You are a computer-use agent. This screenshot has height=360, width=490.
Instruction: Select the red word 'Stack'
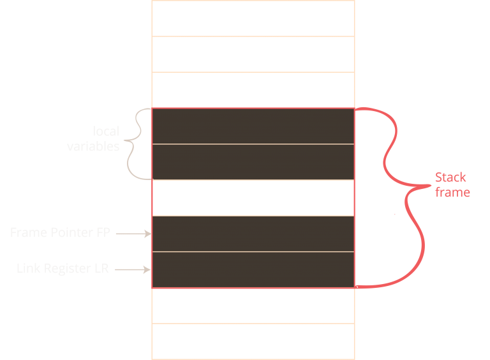tap(450, 177)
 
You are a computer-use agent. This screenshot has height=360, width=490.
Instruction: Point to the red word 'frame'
tap(452, 192)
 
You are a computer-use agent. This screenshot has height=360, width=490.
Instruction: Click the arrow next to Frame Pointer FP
tap(133, 234)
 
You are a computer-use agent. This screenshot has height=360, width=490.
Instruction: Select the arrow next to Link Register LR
tap(133, 270)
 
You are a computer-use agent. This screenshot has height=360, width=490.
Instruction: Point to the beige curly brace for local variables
tap(136, 143)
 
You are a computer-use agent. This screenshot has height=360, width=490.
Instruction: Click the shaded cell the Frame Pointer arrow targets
tap(253, 234)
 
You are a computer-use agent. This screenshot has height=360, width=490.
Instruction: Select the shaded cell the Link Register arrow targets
tap(253, 270)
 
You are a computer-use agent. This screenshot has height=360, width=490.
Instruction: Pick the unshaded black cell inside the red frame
tap(253, 198)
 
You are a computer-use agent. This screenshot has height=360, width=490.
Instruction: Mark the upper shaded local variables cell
tap(253, 126)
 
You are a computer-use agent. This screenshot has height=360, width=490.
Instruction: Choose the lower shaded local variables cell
tap(253, 162)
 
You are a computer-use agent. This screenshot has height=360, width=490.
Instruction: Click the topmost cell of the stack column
tap(253, 18)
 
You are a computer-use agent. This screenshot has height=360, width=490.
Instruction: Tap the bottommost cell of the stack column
tap(253, 341)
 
